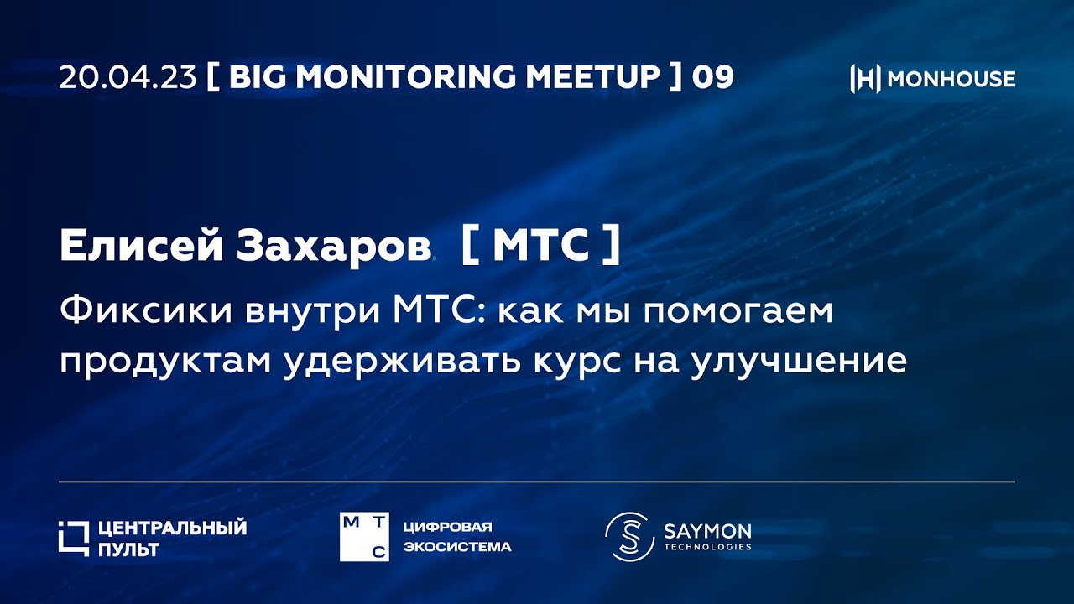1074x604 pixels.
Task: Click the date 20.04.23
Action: [128, 77]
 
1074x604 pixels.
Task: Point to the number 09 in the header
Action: [712, 77]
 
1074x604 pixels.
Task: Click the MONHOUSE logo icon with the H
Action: [865, 79]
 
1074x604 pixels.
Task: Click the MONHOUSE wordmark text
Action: [951, 79]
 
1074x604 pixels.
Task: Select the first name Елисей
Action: [142, 245]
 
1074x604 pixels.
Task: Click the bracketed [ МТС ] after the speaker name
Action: [541, 245]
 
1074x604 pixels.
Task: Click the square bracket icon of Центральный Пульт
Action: [73, 538]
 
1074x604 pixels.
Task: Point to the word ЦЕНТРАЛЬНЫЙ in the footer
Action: [172, 528]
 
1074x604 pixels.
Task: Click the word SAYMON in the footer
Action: [707, 530]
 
